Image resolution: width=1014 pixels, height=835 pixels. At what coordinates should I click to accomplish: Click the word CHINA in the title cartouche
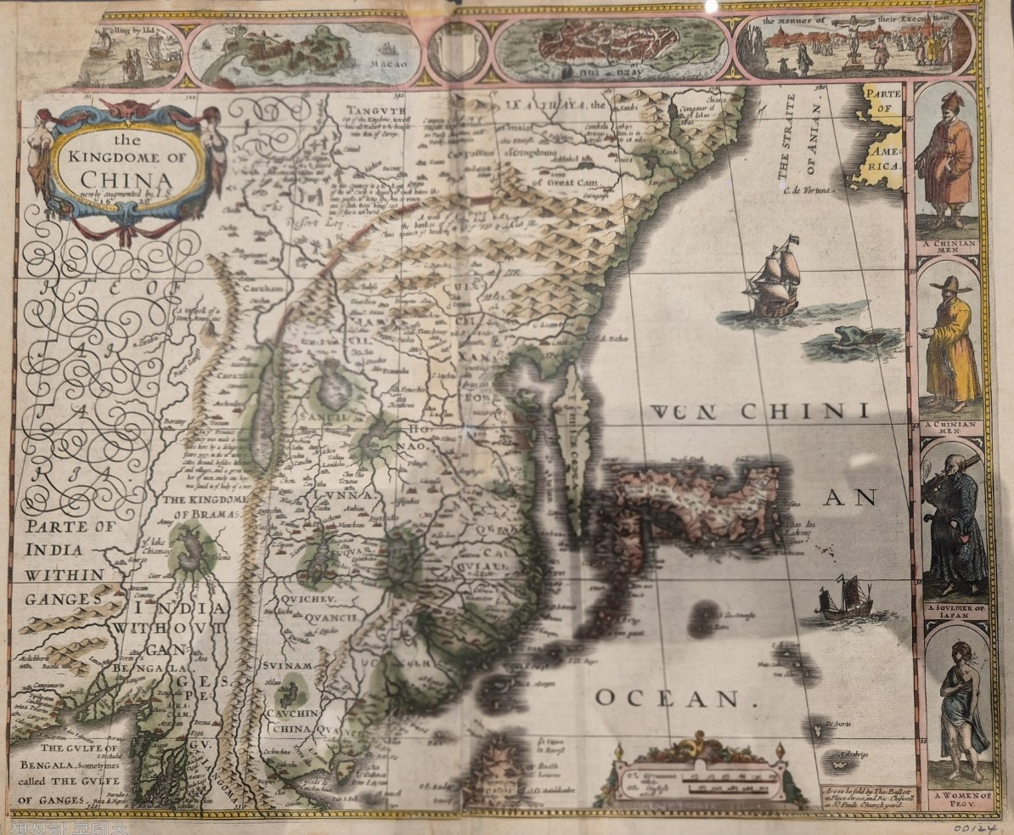click(127, 180)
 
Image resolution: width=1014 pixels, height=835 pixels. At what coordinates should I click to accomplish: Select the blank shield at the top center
click(457, 49)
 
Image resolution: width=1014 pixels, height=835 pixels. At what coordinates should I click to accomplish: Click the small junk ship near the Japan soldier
click(844, 598)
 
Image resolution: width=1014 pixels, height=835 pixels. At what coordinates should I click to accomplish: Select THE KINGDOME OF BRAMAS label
click(203, 507)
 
